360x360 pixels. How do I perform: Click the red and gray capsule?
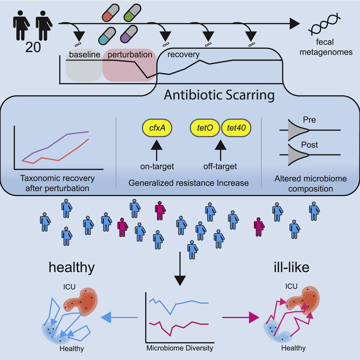click(x=110, y=13)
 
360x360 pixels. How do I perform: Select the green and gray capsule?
click(x=132, y=13)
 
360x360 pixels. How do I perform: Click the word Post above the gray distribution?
click(x=309, y=145)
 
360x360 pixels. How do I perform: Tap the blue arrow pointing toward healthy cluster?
click(x=119, y=317)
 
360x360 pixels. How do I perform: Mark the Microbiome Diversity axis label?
click(x=180, y=348)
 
